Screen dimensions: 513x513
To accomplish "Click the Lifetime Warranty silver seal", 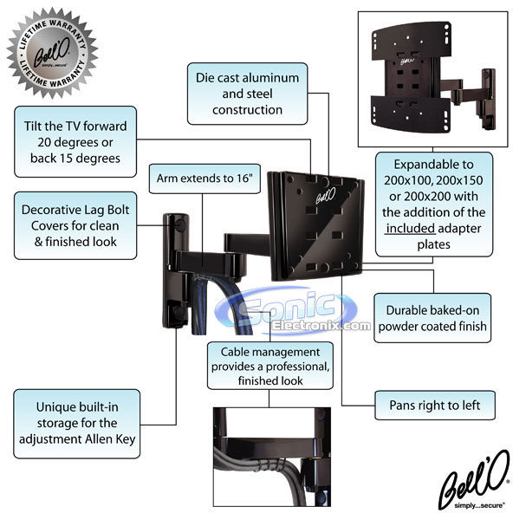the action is (53, 52).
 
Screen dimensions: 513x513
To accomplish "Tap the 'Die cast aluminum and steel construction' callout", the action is (247, 94).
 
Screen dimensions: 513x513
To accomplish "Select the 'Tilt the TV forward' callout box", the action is (75, 141).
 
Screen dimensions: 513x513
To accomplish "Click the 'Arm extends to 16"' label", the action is (205, 179).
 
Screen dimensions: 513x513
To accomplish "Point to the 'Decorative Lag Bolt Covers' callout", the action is (75, 226).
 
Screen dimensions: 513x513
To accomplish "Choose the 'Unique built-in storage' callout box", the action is (77, 424).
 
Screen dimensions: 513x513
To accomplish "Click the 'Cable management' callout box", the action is (270, 366).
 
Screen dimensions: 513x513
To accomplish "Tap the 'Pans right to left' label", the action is (435, 406).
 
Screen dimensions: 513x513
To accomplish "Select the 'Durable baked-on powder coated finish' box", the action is (432, 318).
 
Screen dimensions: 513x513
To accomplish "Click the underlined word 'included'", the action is (410, 229).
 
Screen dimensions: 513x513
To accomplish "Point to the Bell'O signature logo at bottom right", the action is (474, 480).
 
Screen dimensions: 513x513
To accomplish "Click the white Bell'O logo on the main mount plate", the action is (326, 196).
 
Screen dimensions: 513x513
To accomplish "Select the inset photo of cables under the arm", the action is (272, 457).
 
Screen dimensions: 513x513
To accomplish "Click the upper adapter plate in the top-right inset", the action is (412, 42).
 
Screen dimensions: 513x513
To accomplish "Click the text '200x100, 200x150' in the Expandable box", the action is (433, 180).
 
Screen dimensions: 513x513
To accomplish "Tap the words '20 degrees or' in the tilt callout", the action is (75, 142).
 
